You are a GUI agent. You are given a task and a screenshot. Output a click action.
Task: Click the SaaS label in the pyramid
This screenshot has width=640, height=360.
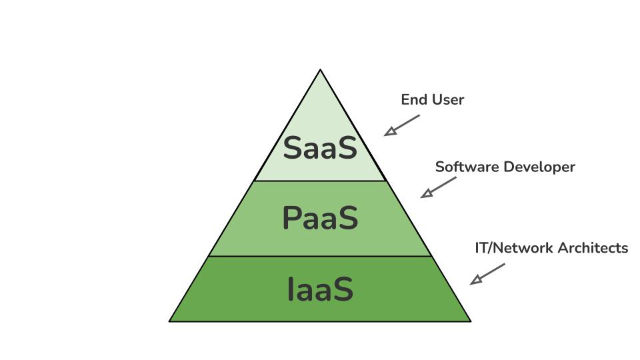pos(320,148)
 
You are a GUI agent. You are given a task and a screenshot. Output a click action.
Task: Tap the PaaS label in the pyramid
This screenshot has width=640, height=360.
pos(320,218)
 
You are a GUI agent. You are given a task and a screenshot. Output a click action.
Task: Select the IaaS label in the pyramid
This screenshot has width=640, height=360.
pos(320,289)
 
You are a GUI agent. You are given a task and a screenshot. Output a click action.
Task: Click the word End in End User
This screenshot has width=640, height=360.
pos(413,100)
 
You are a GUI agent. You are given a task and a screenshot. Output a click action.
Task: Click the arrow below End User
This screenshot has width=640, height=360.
pos(401,125)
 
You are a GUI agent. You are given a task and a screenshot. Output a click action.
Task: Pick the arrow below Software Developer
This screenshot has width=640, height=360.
pos(438,187)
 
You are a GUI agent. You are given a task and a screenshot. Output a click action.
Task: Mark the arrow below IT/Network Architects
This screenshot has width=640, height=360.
pos(487,274)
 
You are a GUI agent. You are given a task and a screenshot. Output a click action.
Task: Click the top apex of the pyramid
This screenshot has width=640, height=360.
pos(320,70)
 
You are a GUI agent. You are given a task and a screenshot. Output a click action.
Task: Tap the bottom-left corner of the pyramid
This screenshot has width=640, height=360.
pos(170,321)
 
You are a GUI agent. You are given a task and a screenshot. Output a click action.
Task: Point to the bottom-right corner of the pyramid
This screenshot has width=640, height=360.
pos(470,321)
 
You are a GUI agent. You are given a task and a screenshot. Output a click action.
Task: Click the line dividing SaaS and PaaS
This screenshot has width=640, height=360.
pos(320,181)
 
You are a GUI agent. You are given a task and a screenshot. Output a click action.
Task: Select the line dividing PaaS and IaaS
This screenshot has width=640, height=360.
pos(320,256)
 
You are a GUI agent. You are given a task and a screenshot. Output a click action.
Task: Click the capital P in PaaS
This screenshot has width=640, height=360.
pos(292,218)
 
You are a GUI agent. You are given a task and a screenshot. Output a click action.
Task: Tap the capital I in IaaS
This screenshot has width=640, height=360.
pos(291,289)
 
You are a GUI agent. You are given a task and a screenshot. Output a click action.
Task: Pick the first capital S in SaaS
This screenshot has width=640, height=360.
pos(294,148)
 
